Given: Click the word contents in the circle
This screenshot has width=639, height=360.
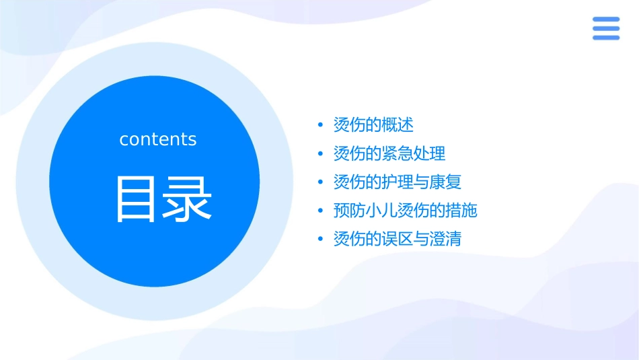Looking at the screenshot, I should [157, 139].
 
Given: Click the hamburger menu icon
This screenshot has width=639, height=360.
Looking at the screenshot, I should [605, 28].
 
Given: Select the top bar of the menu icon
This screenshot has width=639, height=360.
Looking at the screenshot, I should [605, 20].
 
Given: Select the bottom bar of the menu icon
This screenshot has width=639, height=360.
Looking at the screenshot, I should [605, 38].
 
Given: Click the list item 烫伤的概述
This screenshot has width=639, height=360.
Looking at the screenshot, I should [373, 124].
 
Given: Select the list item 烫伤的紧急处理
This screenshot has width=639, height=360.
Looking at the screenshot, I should [389, 153].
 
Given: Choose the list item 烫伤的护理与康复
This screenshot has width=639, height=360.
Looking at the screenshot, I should [398, 182].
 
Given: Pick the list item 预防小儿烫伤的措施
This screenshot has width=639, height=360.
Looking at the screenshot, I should [405, 211].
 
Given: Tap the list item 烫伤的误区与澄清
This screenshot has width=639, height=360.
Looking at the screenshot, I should [398, 239].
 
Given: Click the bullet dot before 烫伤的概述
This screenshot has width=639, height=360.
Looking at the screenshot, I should [321, 125].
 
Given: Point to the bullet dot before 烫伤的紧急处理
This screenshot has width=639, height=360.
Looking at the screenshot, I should [321, 154].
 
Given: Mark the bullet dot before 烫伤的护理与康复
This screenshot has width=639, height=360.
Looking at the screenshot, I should [321, 182].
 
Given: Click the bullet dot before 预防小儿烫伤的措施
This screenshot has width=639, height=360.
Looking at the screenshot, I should [321, 211].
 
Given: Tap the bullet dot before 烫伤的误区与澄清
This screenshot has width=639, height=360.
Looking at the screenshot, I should [321, 240].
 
